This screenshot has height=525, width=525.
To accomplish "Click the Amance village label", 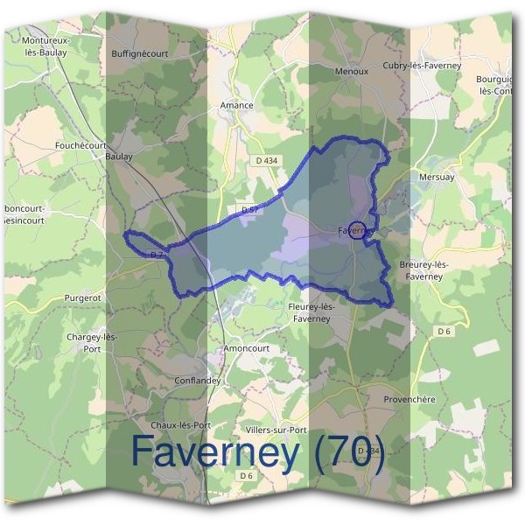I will pos(236,106).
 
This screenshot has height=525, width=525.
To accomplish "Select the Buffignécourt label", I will pos(140,53).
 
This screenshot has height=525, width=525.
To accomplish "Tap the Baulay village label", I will pos(118,157).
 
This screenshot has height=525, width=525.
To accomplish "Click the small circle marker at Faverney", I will pos(356,232).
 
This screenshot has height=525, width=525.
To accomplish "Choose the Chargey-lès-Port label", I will pos(92,343).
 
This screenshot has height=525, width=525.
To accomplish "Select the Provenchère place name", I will pos(409,399).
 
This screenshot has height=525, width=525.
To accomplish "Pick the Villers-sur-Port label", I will pos(276,430).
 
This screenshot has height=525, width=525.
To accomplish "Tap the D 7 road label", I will pos(157,254).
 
